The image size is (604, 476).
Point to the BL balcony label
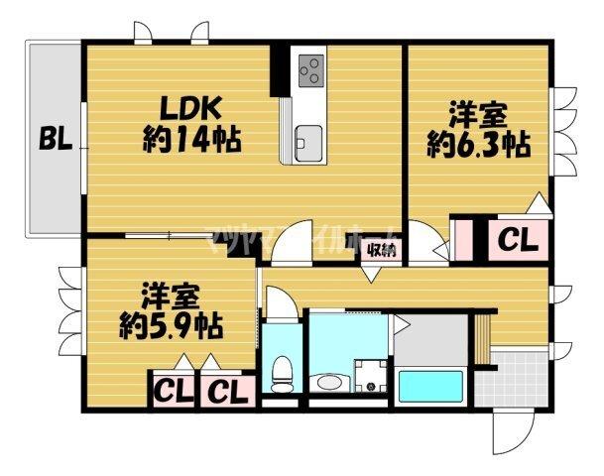tap(56, 140)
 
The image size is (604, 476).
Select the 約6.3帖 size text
tap(478, 145)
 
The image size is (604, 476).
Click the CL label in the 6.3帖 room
tap(517, 240)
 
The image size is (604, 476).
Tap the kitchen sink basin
tap(304, 140)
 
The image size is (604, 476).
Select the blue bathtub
tap(432, 386)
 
